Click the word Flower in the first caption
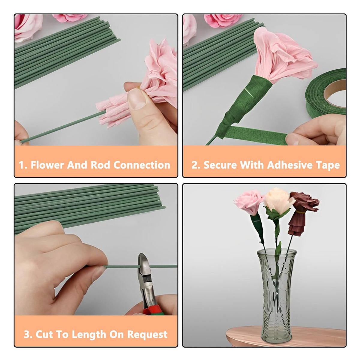47,165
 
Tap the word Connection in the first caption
142,165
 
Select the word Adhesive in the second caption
289,165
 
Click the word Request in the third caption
147,334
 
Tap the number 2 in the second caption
194,165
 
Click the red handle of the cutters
153,309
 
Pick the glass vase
277,291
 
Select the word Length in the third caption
89,334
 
